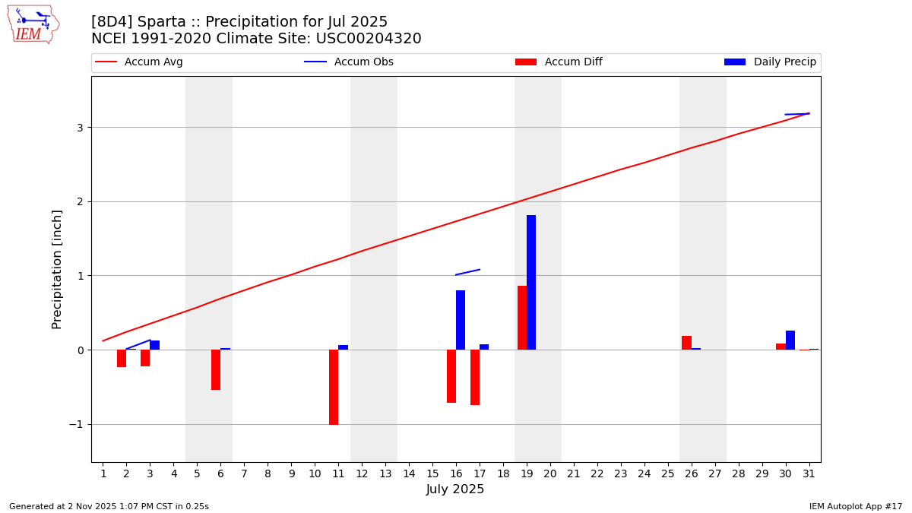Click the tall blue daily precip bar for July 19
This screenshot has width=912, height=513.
click(531, 282)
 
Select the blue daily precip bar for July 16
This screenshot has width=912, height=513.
click(461, 320)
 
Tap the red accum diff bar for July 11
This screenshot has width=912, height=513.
click(334, 387)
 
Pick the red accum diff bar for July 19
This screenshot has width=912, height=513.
click(522, 318)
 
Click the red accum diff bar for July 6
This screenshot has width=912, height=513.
click(216, 369)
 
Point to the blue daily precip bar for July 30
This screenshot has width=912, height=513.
click(790, 340)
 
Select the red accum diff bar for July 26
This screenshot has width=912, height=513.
click(686, 343)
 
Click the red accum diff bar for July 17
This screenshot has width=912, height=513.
click(475, 377)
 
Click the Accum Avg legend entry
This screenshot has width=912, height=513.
click(139, 62)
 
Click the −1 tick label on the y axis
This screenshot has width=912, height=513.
click(75, 425)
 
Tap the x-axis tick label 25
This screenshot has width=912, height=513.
click(667, 474)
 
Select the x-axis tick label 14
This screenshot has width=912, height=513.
click(409, 474)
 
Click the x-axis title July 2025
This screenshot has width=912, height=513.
click(455, 489)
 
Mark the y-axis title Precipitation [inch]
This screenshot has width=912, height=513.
click(58, 269)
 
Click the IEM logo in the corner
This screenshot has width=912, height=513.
click(33, 24)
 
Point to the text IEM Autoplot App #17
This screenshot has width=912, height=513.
click(855, 506)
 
